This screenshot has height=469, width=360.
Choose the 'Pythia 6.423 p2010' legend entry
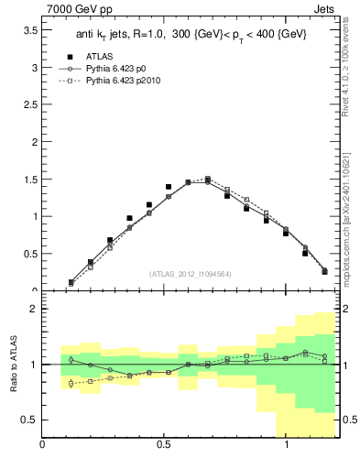coord(129,82)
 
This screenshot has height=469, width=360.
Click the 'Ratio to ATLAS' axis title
coord(14,365)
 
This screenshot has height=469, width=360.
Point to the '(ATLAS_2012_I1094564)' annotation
coord(190,274)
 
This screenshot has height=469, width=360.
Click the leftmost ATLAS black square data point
coord(71,282)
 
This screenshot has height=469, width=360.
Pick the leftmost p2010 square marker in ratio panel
coord(71,383)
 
